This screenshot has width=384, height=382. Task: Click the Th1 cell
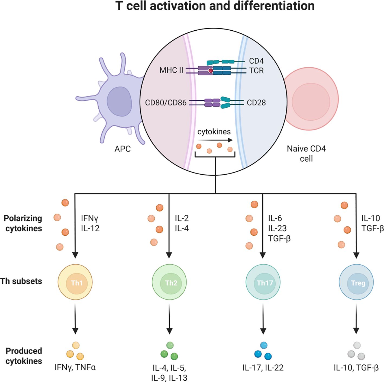click(75, 283)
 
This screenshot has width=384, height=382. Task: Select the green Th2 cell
click(169, 283)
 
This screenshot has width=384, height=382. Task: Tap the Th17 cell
click(263, 283)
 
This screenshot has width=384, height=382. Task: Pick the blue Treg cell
click(356, 283)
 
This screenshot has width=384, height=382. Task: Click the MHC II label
click(171, 70)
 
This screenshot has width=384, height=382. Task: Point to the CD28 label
click(256, 103)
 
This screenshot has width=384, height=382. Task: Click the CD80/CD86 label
click(166, 103)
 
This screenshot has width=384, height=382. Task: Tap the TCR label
click(256, 70)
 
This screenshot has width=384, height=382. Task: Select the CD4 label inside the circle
click(256, 61)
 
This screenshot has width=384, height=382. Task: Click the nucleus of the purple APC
click(119, 102)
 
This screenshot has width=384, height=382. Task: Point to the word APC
click(122, 149)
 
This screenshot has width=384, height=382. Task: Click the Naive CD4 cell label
click(306, 153)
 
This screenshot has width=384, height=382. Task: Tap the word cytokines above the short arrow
click(214, 132)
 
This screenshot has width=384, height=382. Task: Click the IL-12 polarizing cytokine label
click(90, 228)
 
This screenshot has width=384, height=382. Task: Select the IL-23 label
click(277, 228)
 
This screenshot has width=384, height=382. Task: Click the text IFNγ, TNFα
click(75, 367)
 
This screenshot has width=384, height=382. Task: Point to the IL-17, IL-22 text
click(263, 368)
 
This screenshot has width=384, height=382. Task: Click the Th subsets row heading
click(21, 281)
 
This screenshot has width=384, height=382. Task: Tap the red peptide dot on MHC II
click(211, 71)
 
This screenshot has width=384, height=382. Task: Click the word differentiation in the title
click(274, 6)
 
